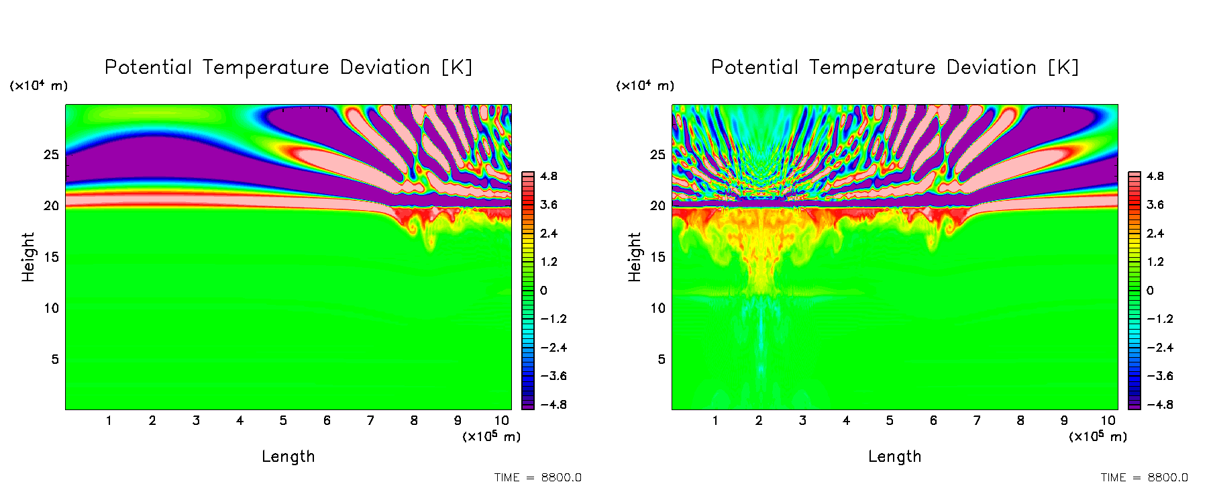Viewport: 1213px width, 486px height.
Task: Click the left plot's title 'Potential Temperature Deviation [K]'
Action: point(288,68)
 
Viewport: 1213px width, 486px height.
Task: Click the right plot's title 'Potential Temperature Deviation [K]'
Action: point(895,68)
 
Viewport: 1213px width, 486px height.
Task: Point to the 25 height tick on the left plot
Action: point(52,155)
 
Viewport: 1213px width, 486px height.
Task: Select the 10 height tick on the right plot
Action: point(657,308)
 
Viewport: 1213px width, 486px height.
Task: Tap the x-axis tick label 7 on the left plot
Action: point(370,421)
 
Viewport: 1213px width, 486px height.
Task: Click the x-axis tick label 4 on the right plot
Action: point(846,421)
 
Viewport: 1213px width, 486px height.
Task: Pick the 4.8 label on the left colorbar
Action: point(549,177)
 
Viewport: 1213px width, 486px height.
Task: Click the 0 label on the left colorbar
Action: point(543,291)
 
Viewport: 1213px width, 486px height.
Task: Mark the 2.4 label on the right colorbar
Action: point(1155,234)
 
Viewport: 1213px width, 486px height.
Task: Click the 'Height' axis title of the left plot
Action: point(28,257)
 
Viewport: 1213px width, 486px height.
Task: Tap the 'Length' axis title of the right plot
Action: point(895,456)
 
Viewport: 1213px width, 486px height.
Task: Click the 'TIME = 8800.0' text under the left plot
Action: point(538,477)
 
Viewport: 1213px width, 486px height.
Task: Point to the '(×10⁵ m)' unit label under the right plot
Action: point(1098,436)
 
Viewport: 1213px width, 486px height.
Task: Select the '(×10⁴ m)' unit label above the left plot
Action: point(39,86)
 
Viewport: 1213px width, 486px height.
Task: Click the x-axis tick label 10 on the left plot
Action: point(501,421)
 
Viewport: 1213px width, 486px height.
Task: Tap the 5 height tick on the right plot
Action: point(661,360)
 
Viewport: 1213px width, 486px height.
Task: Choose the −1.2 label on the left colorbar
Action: point(553,319)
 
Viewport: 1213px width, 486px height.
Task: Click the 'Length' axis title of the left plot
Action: point(288,456)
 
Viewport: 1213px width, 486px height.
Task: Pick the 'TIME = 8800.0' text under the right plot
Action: point(1145,477)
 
